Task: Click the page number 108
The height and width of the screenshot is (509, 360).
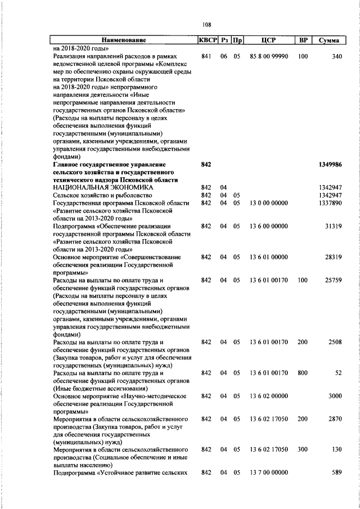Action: (206, 25)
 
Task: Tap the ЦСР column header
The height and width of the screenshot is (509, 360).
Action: (268, 40)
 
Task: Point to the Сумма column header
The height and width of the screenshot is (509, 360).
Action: (328, 40)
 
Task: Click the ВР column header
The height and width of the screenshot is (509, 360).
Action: (303, 40)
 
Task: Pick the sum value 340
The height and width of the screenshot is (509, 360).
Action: (336, 57)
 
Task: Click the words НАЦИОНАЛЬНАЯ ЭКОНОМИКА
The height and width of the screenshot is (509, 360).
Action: (102, 187)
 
